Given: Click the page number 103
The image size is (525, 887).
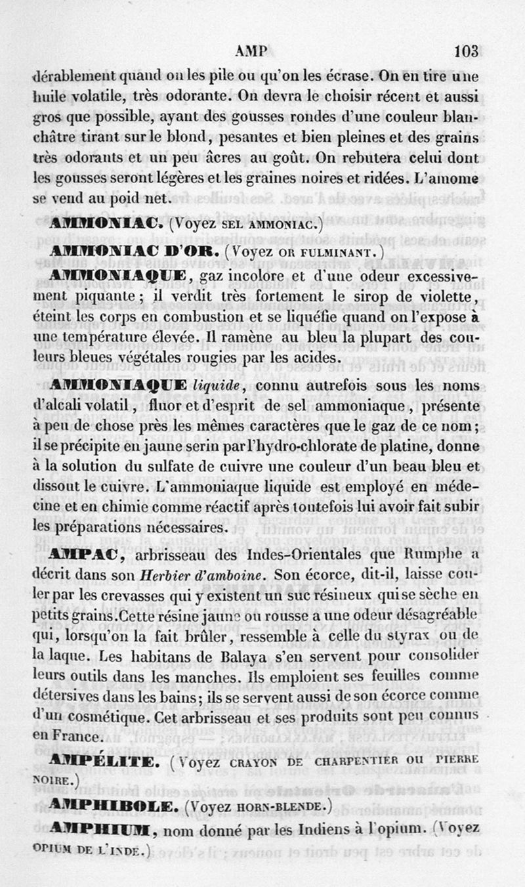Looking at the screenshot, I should (x=465, y=51).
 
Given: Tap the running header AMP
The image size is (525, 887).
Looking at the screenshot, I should (x=253, y=52).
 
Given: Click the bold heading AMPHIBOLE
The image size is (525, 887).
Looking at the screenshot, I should (x=115, y=806).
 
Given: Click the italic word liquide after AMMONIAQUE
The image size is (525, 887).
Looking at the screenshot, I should (x=220, y=385).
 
